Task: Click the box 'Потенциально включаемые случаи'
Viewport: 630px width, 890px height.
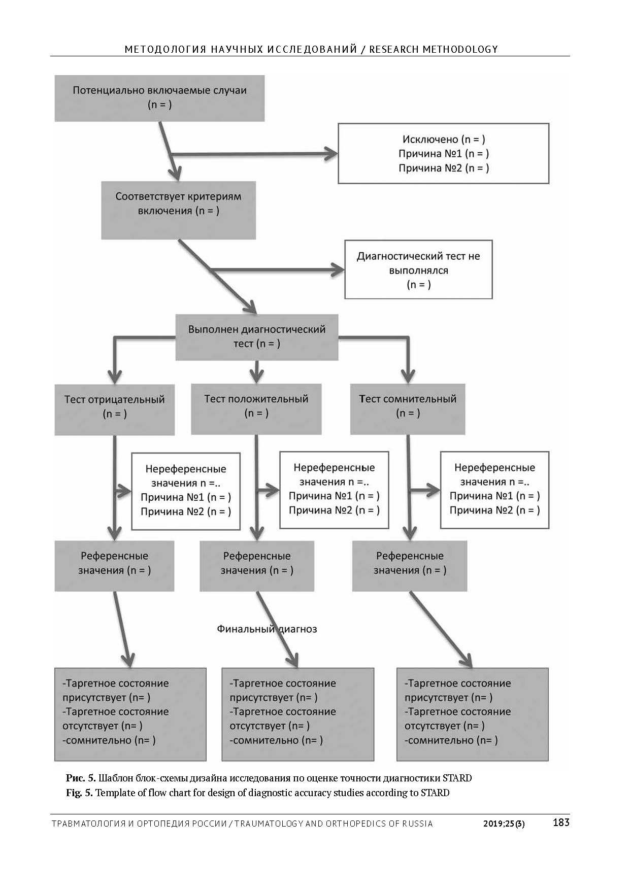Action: tap(159, 98)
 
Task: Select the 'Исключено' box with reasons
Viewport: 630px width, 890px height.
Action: tap(443, 153)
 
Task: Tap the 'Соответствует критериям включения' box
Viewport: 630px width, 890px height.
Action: tap(178, 210)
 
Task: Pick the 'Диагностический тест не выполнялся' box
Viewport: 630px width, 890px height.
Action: tap(418, 269)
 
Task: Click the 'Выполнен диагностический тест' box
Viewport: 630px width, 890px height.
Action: tap(257, 337)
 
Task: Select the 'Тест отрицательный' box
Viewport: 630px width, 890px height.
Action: tap(115, 409)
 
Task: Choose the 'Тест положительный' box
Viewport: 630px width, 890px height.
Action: tap(256, 408)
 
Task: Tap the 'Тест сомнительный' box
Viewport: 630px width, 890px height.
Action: tap(408, 408)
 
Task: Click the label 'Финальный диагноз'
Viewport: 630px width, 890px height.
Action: tap(267, 629)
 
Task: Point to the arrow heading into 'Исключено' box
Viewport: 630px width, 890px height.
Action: tap(254, 154)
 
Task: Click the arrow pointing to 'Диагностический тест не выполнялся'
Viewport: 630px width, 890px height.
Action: tap(277, 269)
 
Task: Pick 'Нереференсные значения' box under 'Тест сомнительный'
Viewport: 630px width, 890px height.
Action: tap(494, 490)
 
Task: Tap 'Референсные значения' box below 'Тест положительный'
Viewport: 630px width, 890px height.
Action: tap(257, 566)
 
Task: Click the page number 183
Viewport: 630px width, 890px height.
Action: tap(561, 823)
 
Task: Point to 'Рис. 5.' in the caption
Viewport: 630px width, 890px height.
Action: tap(81, 778)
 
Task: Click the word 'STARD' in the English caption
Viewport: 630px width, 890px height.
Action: tap(435, 793)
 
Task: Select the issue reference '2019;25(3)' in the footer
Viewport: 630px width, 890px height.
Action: tap(504, 824)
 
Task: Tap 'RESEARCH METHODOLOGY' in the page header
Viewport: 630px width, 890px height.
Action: tap(434, 49)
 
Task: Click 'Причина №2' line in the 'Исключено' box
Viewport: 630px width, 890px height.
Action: tap(444, 168)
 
